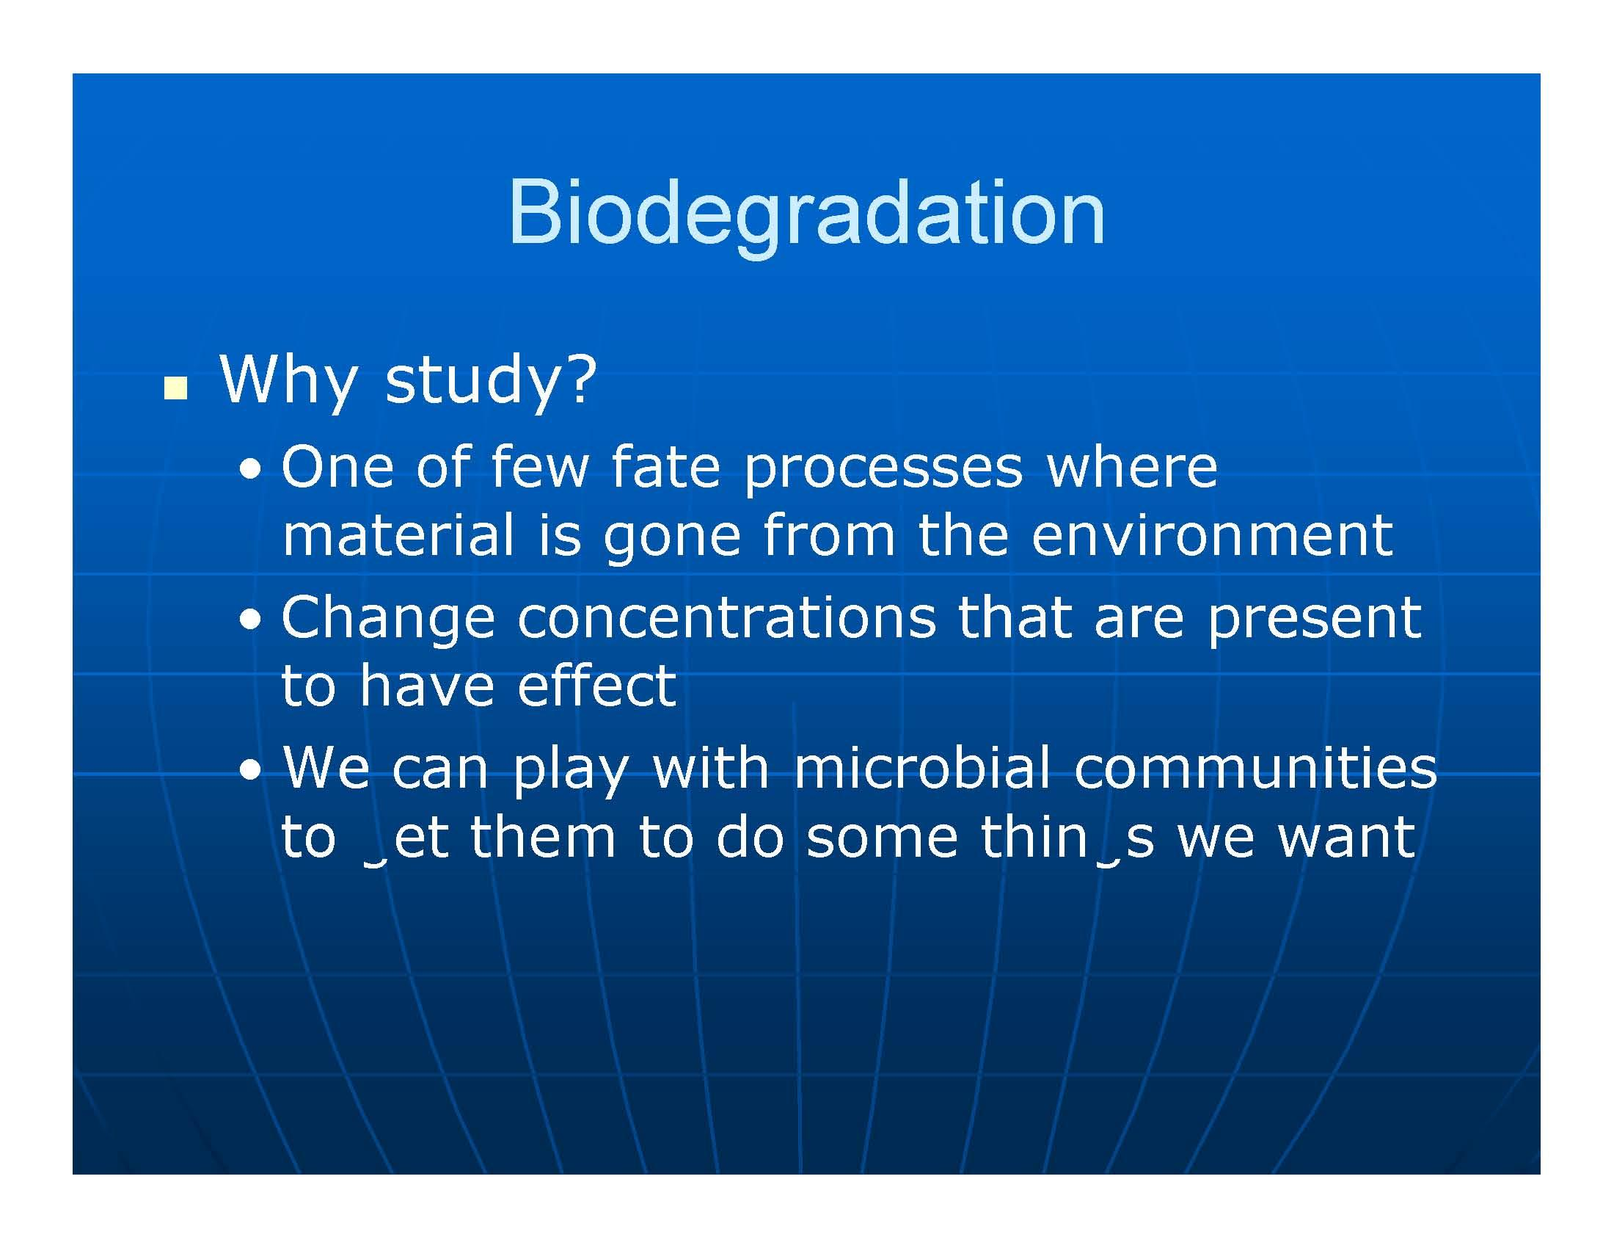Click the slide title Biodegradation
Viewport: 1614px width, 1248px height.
pos(806,213)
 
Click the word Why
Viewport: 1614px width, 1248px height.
pos(288,381)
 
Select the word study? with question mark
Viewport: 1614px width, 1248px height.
pos(490,381)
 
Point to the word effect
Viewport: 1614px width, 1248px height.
pos(596,686)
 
